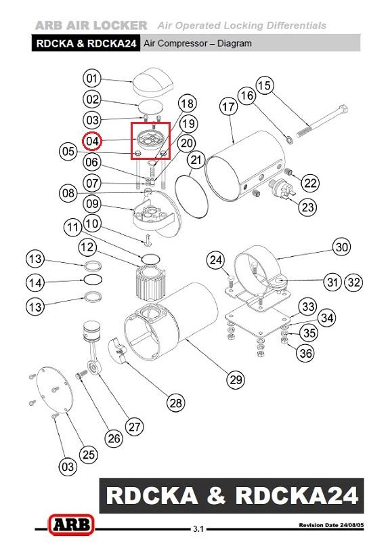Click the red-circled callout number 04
[x=92, y=141]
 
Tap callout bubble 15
[x=265, y=85]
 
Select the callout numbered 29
[x=236, y=379]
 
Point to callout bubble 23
[x=307, y=207]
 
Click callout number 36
[x=306, y=353]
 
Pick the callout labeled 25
[x=88, y=454]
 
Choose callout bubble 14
[x=35, y=283]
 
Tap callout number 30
[x=341, y=247]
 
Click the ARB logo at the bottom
[x=71, y=524]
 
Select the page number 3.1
[x=198, y=529]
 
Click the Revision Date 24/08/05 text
[x=331, y=525]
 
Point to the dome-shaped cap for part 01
[x=153, y=82]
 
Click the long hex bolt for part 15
[x=322, y=121]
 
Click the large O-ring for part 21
[x=192, y=196]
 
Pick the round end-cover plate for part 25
[x=55, y=390]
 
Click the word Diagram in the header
[x=234, y=43]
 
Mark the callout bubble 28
[x=175, y=402]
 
